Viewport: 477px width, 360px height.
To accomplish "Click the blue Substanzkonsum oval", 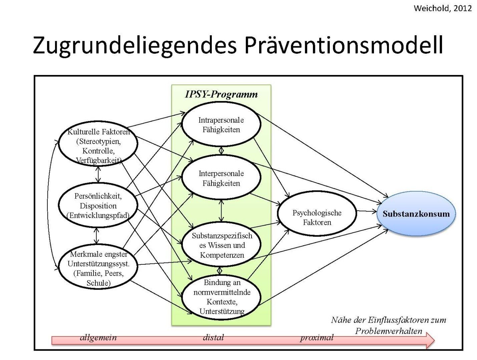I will point(416,214).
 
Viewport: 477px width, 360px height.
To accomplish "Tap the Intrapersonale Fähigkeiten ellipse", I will point(221,125).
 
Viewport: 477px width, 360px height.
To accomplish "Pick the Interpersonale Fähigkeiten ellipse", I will point(221,178).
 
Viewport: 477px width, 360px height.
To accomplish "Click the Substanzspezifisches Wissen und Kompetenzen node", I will point(222,245).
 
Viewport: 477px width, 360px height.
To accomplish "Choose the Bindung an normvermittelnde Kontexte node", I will point(222,297).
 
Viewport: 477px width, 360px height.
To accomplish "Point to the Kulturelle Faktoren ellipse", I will point(98,146).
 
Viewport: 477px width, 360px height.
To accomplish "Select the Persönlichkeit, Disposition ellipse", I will point(98,205).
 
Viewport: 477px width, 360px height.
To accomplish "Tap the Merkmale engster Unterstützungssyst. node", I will point(98,269).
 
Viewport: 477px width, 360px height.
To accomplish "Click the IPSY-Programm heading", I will point(221,94).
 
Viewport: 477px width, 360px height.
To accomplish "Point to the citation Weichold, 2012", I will point(443,8).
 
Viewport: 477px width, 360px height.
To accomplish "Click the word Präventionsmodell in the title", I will point(344,45).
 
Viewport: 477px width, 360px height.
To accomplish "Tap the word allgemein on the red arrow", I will point(98,338).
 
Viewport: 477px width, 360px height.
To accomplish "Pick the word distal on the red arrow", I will point(213,338).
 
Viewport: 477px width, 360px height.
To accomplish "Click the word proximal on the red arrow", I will point(317,338).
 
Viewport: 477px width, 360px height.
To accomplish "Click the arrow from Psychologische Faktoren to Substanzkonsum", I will point(366,211).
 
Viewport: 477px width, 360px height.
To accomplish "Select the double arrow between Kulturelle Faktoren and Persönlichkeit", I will point(98,174).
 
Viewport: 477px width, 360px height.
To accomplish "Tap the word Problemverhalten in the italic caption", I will point(389,331).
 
